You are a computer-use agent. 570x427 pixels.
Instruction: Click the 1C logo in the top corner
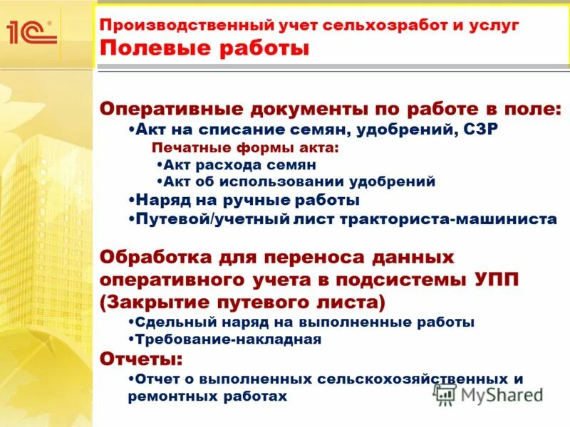31,32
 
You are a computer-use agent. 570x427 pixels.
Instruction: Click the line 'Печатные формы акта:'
246,149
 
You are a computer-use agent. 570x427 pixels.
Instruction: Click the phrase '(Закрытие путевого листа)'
243,302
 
